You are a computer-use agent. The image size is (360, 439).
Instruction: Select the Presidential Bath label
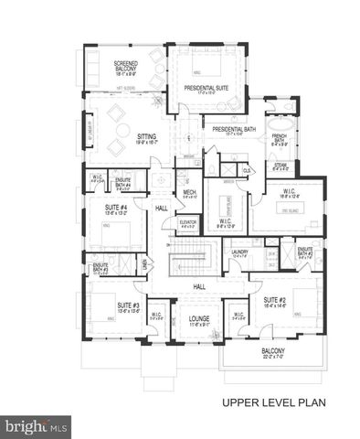click(226, 129)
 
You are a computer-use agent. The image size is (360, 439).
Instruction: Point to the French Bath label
click(279, 139)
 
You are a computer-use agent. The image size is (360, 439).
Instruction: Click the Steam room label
click(280, 166)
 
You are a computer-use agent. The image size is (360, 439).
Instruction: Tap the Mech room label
click(190, 193)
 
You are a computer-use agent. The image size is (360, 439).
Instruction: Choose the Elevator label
click(189, 222)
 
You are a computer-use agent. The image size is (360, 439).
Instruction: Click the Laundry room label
click(239, 253)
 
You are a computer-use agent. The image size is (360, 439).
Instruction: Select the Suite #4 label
click(114, 209)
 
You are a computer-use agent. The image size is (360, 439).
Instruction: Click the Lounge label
click(199, 320)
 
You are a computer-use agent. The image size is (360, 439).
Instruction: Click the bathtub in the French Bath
click(278, 122)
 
